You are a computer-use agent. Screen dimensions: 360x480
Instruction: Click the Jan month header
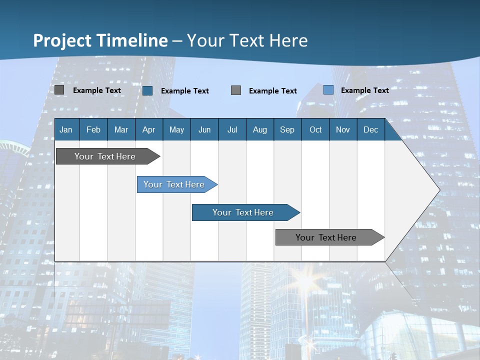pos(66,129)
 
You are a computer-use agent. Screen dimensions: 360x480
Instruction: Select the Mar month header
pos(121,129)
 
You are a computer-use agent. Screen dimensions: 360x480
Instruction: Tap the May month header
pos(176,129)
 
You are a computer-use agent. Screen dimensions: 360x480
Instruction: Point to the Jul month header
pos(232,129)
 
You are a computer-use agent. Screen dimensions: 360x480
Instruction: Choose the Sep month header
pos(287,129)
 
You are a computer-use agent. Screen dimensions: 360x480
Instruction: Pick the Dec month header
pos(370,129)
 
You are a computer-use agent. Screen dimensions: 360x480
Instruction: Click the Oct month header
pos(315,129)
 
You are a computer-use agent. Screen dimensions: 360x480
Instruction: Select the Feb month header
pos(93,129)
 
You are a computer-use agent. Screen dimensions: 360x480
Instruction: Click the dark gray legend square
pos(59,90)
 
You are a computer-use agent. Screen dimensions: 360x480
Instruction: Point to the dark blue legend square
pos(147,90)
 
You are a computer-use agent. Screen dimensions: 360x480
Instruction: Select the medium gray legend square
pos(236,90)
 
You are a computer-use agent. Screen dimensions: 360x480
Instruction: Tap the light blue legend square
pos(328,90)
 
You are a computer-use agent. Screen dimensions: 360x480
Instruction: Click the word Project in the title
pos(62,40)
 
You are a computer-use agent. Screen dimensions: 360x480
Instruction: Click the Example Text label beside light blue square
pos(364,90)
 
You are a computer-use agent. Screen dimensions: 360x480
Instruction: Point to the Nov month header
pos(343,129)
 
